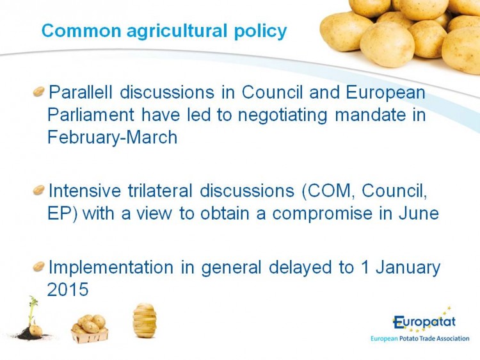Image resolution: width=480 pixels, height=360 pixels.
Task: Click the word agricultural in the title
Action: tap(177, 31)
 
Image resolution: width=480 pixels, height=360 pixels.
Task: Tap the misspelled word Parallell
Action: tap(81, 92)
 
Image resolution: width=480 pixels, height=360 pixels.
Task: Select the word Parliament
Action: tap(91, 115)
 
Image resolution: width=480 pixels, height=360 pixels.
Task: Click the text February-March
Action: tap(113, 138)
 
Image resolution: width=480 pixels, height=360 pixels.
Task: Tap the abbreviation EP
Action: tap(60, 213)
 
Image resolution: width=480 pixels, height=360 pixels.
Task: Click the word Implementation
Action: tap(111, 268)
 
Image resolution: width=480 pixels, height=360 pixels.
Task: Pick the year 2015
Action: tap(68, 290)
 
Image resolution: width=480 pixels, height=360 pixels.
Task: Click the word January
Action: tap(408, 268)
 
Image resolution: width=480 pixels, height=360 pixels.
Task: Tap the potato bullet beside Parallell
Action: tap(38, 92)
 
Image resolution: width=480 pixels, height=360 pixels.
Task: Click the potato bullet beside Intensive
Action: tap(38, 190)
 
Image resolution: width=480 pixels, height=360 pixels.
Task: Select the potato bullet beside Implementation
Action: tap(38, 266)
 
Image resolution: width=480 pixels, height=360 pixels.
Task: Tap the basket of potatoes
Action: tap(90, 329)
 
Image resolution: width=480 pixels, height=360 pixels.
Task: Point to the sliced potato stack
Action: tap(145, 320)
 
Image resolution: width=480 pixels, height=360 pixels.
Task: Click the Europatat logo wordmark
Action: tap(424, 322)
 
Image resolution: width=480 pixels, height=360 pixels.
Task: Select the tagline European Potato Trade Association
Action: tap(420, 339)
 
